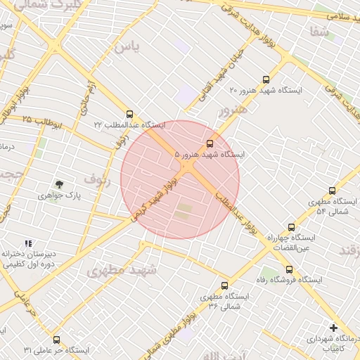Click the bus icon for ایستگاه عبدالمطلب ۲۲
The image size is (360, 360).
click(x=129, y=113)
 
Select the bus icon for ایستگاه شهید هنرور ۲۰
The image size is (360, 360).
click(x=265, y=79)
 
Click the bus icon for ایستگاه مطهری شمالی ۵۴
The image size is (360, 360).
click(x=333, y=191)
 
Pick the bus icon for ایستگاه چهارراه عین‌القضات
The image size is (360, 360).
click(x=291, y=227)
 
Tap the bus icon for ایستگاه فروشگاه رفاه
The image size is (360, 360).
click(x=289, y=269)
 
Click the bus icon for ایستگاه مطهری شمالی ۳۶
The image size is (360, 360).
click(x=224, y=286)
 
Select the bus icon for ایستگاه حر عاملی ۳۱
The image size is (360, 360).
click(x=56, y=340)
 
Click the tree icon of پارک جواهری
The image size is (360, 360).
click(x=59, y=184)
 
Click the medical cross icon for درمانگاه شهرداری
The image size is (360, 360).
click(x=333, y=328)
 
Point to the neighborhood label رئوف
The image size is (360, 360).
click(x=97, y=179)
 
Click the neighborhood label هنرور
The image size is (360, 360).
click(x=232, y=110)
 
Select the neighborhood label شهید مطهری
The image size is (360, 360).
click(x=124, y=269)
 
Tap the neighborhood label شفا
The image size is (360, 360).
click(x=319, y=32)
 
